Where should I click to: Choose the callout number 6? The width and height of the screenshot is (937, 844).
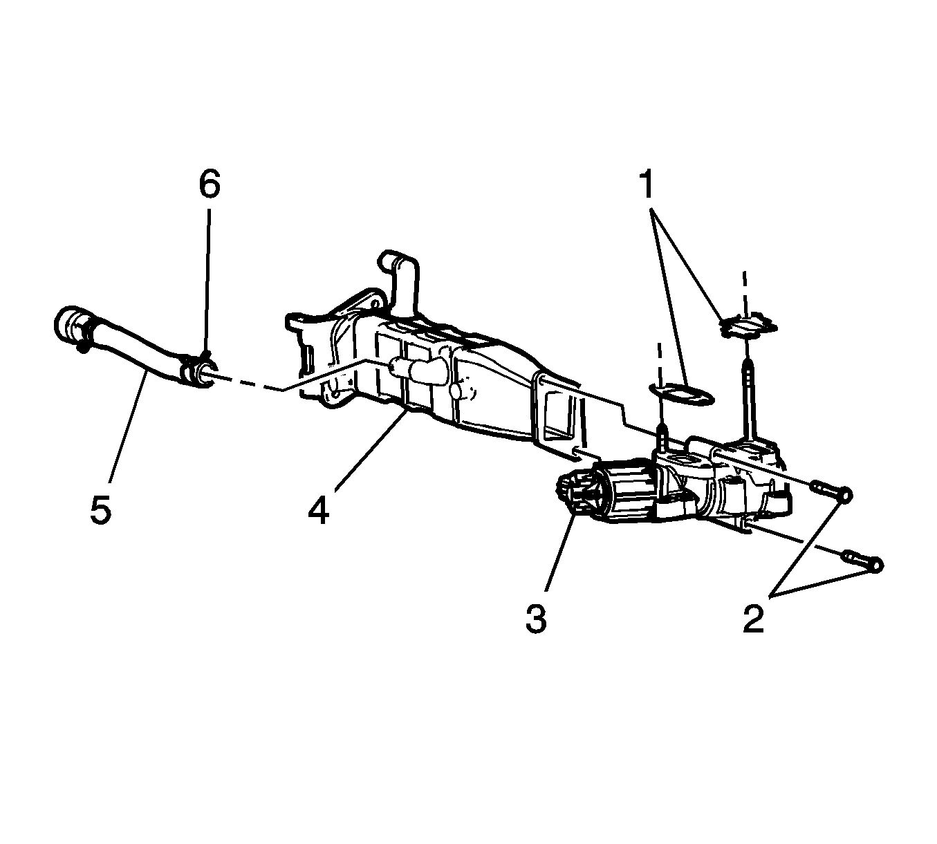coord(210,185)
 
